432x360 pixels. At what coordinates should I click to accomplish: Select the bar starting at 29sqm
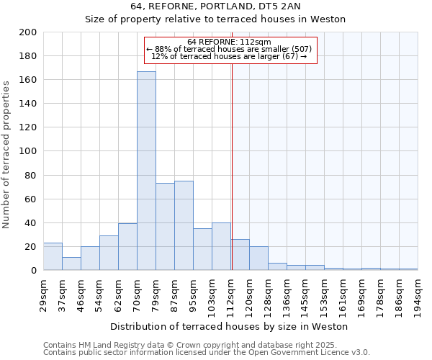pyautogui.click(x=53, y=256)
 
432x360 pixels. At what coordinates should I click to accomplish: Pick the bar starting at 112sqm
pyautogui.click(x=240, y=255)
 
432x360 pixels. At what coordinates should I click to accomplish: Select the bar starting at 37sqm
pyautogui.click(x=71, y=264)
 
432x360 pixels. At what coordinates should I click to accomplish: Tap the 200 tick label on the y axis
pyautogui.click(x=28, y=32)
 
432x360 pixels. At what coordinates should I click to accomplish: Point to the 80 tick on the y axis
pyautogui.click(x=31, y=175)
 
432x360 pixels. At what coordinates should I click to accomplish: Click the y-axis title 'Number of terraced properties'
pyautogui.click(x=6, y=155)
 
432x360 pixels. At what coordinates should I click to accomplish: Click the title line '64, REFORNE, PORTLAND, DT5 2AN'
pyautogui.click(x=215, y=6)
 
